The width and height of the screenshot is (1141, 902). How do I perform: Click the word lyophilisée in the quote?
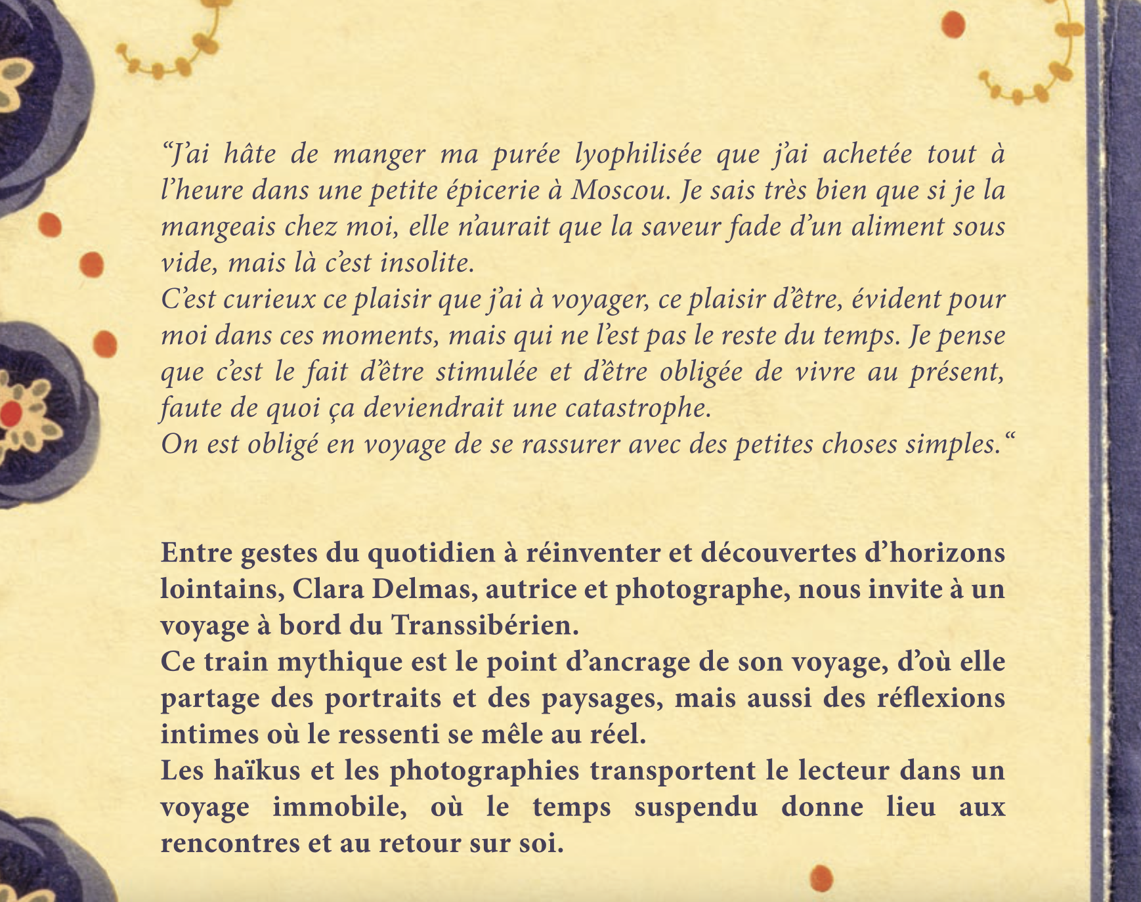[637, 155]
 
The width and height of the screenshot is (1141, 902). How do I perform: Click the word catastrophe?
[638, 408]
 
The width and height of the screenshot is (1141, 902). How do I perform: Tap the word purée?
[527, 155]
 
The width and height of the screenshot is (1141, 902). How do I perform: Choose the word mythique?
[339, 662]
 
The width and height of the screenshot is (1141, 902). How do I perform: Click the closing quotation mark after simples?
[1009, 437]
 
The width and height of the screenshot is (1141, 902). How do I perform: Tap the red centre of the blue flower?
[11, 414]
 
